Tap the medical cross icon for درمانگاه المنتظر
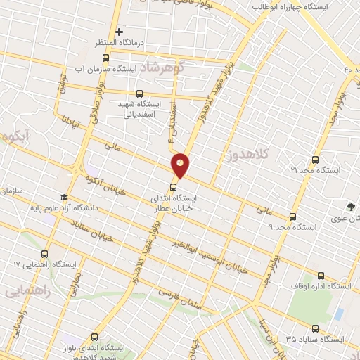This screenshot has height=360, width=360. tap(120, 32)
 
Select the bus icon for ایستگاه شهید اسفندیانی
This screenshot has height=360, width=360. tap(139, 93)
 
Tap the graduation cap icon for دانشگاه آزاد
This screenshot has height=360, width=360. tap(64, 198)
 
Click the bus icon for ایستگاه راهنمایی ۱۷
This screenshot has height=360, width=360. tap(46, 254)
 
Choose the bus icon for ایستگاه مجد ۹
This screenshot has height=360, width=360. tap(293, 217)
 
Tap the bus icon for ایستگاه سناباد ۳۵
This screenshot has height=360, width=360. tap(314, 328)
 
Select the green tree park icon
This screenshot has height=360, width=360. tap(350, 206)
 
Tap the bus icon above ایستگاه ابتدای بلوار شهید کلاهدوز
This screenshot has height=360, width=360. tap(95, 337)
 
